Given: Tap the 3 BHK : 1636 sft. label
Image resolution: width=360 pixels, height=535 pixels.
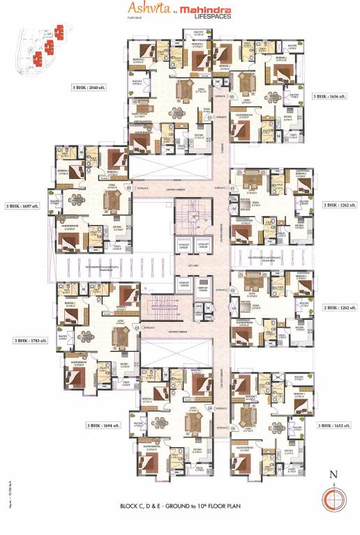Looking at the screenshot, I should click(329, 96).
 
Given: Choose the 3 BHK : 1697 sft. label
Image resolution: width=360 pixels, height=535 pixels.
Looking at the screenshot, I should click(20, 206).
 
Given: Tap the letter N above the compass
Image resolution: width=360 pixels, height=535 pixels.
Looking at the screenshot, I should click(333, 476).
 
